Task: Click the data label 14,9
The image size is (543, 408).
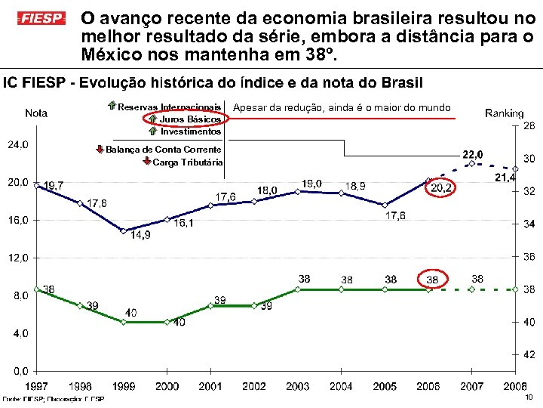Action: point(140,235)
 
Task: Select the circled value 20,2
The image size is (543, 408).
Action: point(441,187)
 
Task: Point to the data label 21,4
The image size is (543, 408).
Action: point(505,177)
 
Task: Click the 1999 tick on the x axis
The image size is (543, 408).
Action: point(124,386)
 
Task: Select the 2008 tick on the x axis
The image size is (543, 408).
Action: point(514,386)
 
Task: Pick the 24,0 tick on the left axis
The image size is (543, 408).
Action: point(18,144)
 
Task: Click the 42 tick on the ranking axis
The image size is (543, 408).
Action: point(529,354)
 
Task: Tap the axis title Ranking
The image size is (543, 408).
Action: point(504,113)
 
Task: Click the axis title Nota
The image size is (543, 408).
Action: point(36,113)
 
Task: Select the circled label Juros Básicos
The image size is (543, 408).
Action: point(190,119)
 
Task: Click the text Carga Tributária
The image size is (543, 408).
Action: point(187,162)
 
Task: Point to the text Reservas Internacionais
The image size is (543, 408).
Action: point(170,107)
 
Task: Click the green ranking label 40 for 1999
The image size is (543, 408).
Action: point(131,312)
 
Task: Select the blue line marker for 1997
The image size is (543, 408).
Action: point(37,184)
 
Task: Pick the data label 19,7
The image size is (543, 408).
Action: point(54,185)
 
